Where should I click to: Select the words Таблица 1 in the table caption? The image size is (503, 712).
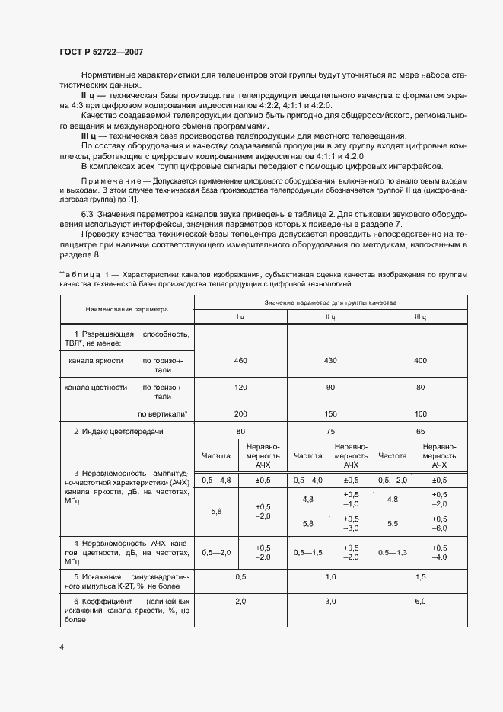(x=78, y=273)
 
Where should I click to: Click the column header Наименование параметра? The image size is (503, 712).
(x=127, y=310)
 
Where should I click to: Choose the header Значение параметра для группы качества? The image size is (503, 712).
(x=331, y=303)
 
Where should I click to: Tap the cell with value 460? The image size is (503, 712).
(x=241, y=359)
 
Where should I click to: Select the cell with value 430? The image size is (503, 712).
(x=331, y=359)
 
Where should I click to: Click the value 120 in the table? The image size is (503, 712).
(x=241, y=388)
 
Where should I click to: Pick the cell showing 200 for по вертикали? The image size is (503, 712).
(x=241, y=413)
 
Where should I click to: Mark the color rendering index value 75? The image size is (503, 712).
(x=331, y=432)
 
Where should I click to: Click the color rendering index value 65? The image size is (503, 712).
(x=421, y=432)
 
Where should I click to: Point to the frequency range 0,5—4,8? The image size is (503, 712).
(x=216, y=481)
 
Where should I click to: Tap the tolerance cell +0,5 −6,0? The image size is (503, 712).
(x=439, y=524)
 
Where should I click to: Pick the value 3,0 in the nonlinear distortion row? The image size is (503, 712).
(x=331, y=602)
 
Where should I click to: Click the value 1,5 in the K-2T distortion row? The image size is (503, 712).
(x=421, y=577)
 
